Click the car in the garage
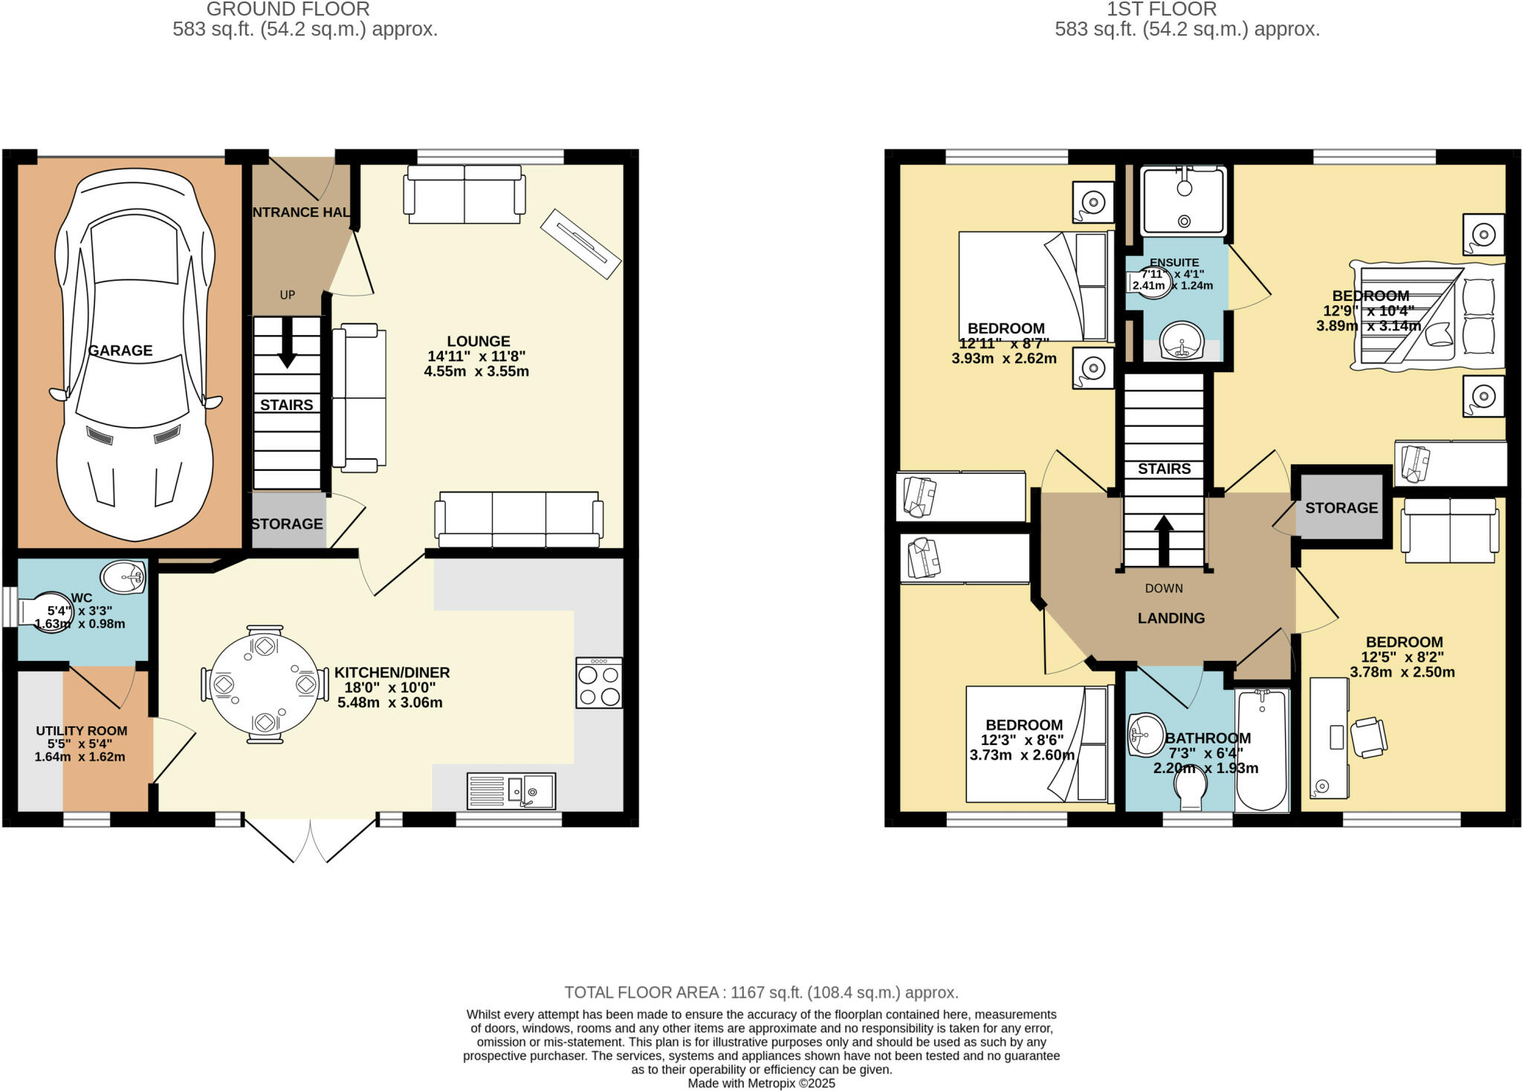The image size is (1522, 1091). [134, 356]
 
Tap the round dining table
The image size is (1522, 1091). [265, 684]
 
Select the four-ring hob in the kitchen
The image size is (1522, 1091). [599, 683]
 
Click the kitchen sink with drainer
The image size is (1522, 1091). [511, 791]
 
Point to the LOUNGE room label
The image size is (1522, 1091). [478, 342]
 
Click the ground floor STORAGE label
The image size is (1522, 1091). [287, 524]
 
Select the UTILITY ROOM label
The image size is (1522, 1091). [82, 731]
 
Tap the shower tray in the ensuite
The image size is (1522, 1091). [1183, 201]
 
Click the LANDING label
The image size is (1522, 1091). [1171, 618]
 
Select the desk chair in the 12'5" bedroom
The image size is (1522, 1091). [1368, 737]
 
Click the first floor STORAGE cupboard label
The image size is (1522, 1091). [1341, 508]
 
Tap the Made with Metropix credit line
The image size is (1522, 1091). [761, 1084]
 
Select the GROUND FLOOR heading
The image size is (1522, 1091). [288, 10]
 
